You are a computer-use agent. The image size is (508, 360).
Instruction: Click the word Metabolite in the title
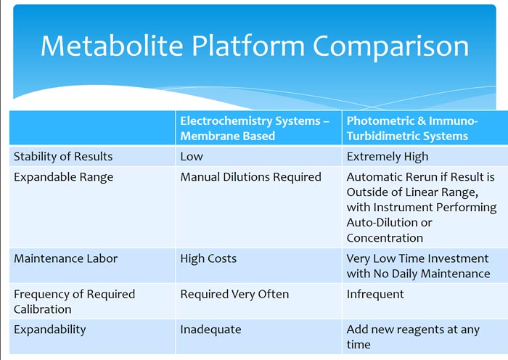[112, 46]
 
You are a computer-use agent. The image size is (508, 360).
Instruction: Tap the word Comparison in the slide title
[390, 46]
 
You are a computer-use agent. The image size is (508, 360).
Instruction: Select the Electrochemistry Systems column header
[255, 128]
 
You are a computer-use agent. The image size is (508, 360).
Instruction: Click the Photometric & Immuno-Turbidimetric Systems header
[412, 128]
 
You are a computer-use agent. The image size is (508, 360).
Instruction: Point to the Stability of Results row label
[63, 157]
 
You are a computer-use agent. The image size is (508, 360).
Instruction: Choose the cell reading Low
[192, 157]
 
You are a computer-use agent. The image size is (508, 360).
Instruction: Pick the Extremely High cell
[388, 157]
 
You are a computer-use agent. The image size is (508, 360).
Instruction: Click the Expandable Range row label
[64, 177]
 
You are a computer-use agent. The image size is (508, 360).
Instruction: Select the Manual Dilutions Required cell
[251, 177]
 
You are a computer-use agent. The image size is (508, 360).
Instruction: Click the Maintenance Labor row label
[66, 258]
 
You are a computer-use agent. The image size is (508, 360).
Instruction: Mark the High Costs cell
[208, 258]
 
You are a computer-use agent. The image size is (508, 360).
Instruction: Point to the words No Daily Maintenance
[432, 274]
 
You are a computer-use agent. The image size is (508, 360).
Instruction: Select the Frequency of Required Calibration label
[74, 302]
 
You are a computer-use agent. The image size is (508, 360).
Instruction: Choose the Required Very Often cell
[234, 294]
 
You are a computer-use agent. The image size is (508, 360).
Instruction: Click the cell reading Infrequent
[375, 294]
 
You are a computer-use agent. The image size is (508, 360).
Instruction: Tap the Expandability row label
[50, 330]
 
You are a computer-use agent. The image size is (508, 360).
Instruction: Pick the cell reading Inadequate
[210, 330]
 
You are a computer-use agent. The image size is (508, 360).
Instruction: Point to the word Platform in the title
[248, 46]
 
